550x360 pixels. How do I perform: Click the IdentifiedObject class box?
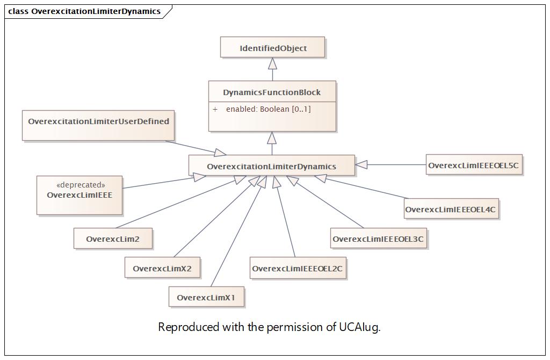272,47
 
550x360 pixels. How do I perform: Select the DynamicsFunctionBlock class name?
272,92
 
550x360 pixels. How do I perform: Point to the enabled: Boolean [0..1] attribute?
269,109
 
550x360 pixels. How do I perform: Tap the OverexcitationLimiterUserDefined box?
98,126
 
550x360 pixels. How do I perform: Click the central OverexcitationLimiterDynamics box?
272,165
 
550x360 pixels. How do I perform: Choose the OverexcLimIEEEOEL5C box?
474,164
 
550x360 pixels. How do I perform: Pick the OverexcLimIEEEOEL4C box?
451,209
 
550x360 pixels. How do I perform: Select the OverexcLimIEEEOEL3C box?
379,238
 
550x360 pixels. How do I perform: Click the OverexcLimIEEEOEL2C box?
298,268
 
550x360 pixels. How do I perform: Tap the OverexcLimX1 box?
206,297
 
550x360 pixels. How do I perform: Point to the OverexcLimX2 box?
162,268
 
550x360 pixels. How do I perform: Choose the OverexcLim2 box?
113,239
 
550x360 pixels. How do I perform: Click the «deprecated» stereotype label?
81,185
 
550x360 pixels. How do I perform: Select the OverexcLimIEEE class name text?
79,195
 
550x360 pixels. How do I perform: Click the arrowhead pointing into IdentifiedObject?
272,63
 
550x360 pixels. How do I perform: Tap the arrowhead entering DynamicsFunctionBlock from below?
272,138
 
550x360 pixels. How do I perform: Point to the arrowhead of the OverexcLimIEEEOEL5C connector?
361,164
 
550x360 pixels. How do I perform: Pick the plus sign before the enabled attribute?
215,109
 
